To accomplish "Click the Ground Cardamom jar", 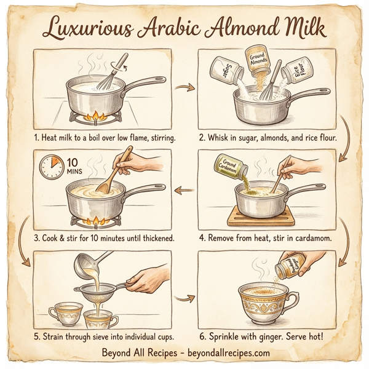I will point(230,167).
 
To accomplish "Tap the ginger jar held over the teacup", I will point(288,266).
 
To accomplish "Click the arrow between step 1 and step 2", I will point(182,88).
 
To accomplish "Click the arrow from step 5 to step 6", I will point(182,299).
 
